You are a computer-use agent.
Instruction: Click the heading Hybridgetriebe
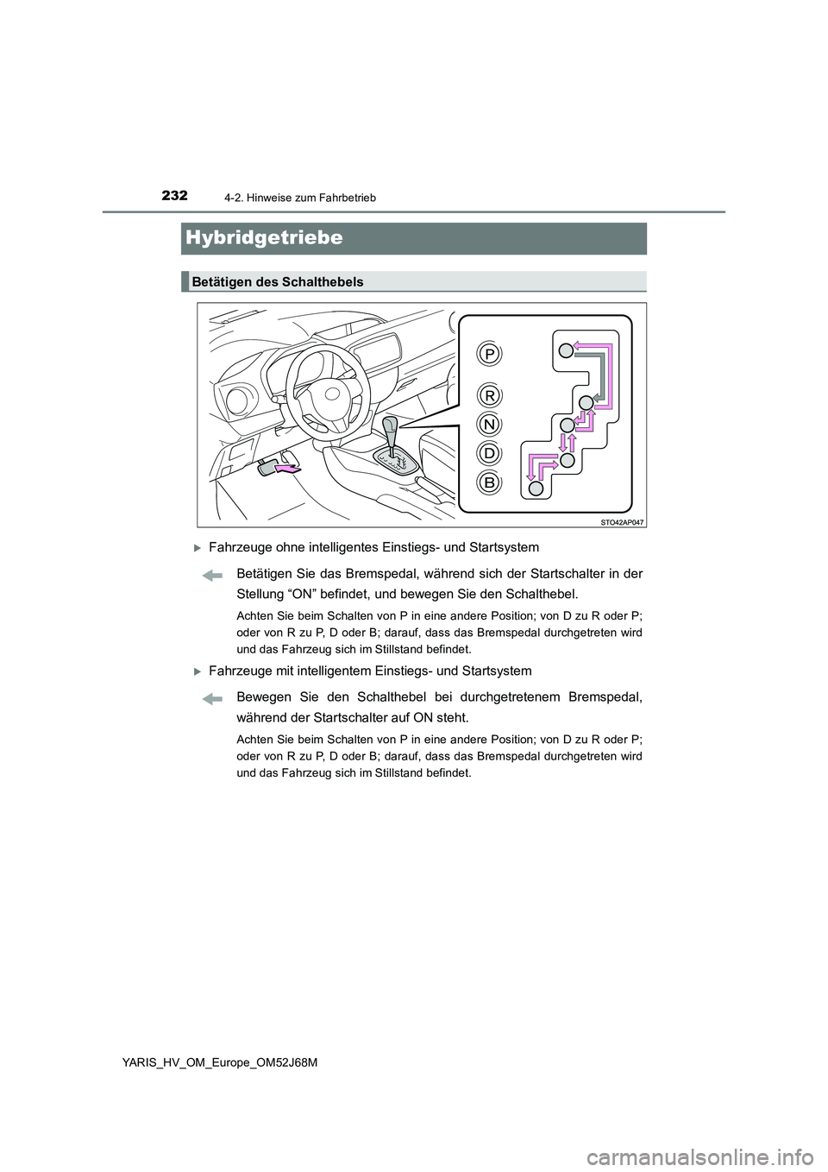(263, 237)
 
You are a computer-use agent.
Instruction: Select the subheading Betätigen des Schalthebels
(277, 282)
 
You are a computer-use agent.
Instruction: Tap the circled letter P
(489, 355)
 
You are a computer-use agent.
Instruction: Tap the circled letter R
(489, 395)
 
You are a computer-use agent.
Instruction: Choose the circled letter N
(489, 425)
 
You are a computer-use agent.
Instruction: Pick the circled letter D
(489, 453)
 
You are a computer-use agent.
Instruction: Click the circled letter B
(489, 482)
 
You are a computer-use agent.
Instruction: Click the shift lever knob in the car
(391, 425)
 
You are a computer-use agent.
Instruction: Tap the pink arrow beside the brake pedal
(287, 469)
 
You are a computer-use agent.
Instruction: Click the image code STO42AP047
(621, 521)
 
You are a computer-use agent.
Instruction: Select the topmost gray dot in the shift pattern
(564, 350)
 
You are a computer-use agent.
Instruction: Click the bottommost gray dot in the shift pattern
(536, 488)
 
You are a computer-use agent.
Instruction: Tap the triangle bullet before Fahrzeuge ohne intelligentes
(198, 547)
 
